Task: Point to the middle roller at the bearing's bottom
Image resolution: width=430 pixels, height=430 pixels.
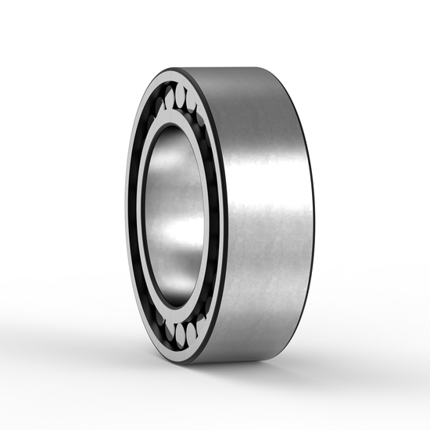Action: click(x=181, y=337)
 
